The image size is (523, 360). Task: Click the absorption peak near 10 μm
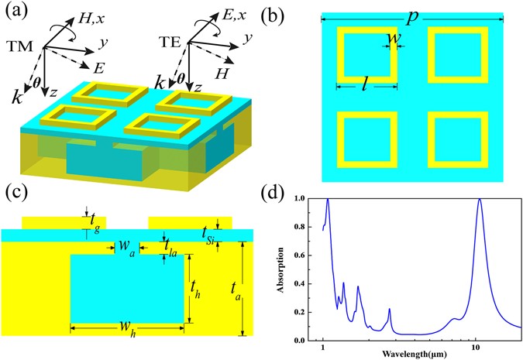pos(480,200)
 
